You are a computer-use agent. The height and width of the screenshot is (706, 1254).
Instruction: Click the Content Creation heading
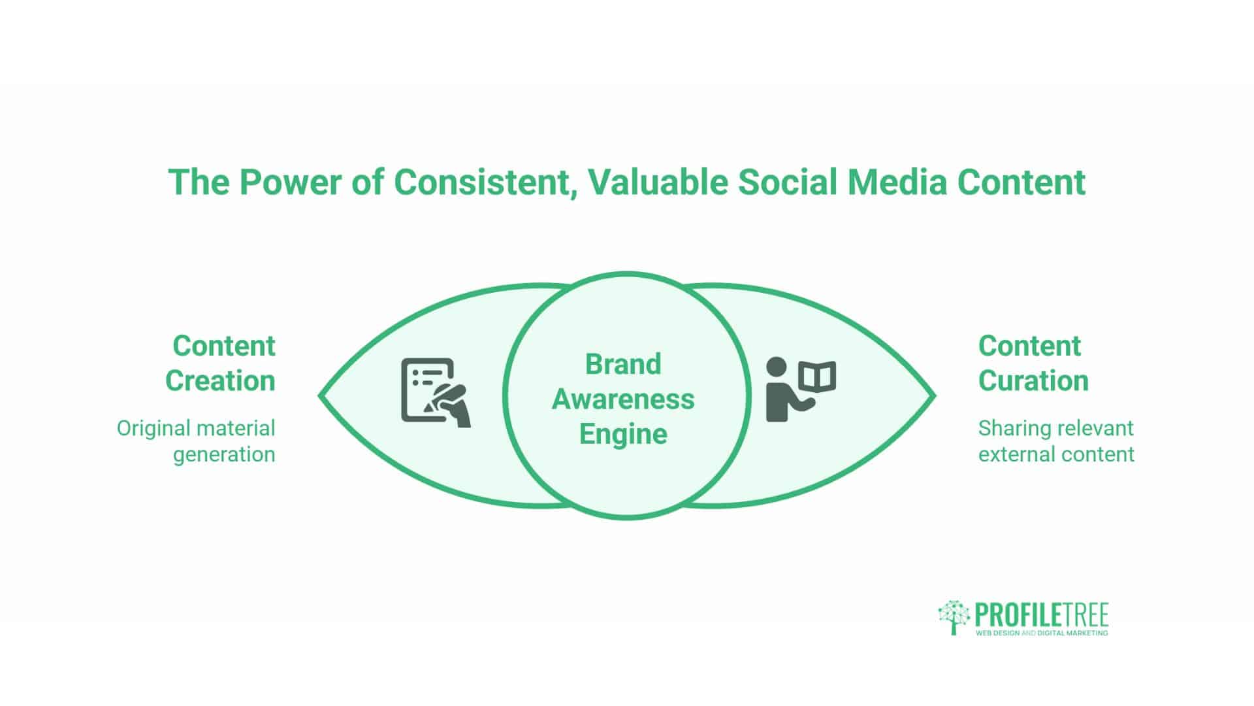220,363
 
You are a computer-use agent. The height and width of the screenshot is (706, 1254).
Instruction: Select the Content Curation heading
1033,363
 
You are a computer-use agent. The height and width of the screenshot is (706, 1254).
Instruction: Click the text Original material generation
196,441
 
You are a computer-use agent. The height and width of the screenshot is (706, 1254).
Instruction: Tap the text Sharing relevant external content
1056,441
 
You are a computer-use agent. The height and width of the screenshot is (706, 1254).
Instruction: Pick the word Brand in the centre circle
623,364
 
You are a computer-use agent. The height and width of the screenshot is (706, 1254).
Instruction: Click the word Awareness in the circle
623,399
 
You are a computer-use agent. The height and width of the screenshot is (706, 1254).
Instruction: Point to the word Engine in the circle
623,434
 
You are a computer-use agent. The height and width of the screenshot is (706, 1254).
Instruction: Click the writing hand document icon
435,392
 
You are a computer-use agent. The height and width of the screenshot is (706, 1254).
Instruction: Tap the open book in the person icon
817,376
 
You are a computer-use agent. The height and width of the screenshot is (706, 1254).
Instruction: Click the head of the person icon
777,367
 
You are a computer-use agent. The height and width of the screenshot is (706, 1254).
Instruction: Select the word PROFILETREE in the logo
1042,614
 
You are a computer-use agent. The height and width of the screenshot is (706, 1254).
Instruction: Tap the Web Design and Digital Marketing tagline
1042,633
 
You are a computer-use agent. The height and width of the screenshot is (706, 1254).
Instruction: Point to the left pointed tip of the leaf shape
320,395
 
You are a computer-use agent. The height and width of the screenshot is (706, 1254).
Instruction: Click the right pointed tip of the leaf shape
934,395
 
